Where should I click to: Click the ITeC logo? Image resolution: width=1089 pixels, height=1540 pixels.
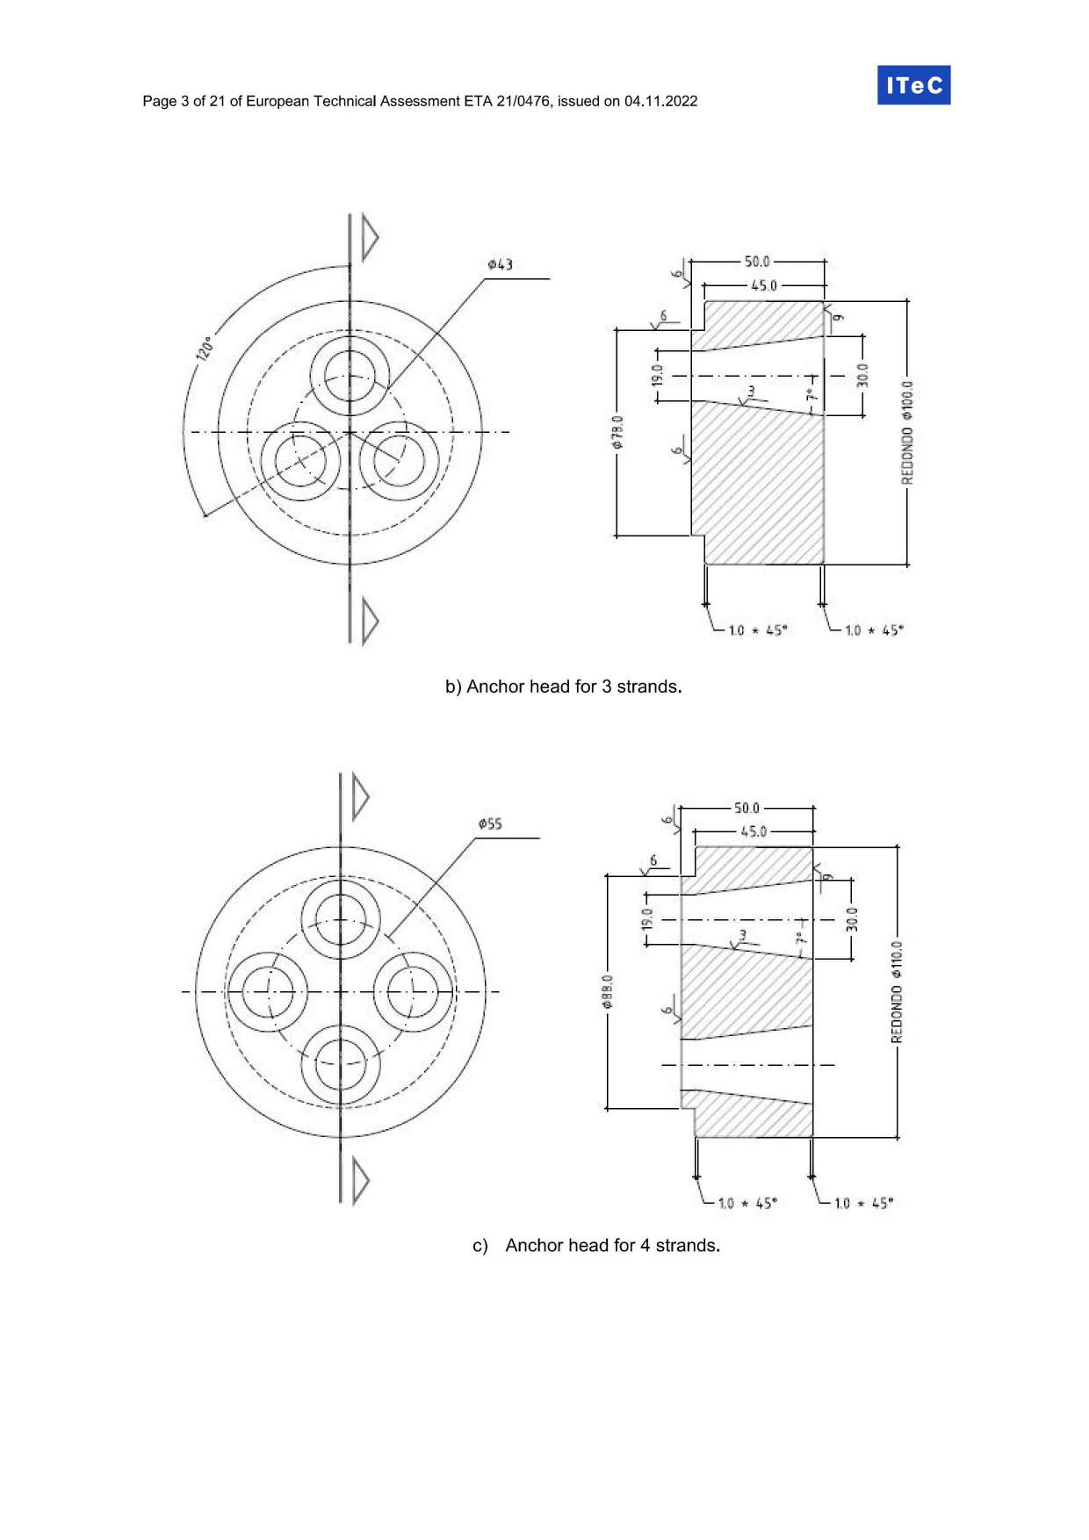pyautogui.click(x=913, y=85)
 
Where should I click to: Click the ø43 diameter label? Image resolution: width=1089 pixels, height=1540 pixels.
pyautogui.click(x=500, y=264)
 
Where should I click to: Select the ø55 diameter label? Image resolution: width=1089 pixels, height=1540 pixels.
pyautogui.click(x=490, y=824)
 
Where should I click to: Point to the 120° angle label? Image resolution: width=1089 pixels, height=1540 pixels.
pyautogui.click(x=204, y=348)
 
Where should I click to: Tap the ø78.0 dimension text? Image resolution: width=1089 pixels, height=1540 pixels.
pyautogui.click(x=617, y=432)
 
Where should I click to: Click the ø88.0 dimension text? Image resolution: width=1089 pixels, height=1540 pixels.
pyautogui.click(x=607, y=992)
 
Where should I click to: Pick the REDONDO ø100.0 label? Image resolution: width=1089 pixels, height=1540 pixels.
pyautogui.click(x=907, y=432)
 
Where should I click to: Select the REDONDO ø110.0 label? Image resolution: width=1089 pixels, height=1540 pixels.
pyautogui.click(x=897, y=992)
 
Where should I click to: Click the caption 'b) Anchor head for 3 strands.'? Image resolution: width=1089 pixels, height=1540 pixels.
pyautogui.click(x=563, y=687)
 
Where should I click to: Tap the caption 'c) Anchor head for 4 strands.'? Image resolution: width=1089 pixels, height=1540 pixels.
pyautogui.click(x=596, y=1245)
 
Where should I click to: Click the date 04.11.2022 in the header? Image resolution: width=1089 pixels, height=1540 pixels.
pyautogui.click(x=660, y=101)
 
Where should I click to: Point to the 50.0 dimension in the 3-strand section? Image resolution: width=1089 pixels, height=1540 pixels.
pyautogui.click(x=756, y=262)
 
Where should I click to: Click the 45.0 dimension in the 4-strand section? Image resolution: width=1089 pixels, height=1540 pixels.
pyautogui.click(x=753, y=831)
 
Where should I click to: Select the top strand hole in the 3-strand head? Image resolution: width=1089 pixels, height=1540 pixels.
pyautogui.click(x=350, y=376)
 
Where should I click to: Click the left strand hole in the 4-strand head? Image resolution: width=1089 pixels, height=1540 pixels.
pyautogui.click(x=268, y=992)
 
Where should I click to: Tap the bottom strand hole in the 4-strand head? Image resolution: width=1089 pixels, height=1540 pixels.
pyautogui.click(x=341, y=1063)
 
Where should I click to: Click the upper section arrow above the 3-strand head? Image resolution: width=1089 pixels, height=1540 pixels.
pyautogui.click(x=369, y=237)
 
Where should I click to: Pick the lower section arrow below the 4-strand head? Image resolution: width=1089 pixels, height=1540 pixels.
pyautogui.click(x=359, y=1180)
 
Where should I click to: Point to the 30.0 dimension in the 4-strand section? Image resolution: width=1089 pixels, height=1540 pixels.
pyautogui.click(x=851, y=919)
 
